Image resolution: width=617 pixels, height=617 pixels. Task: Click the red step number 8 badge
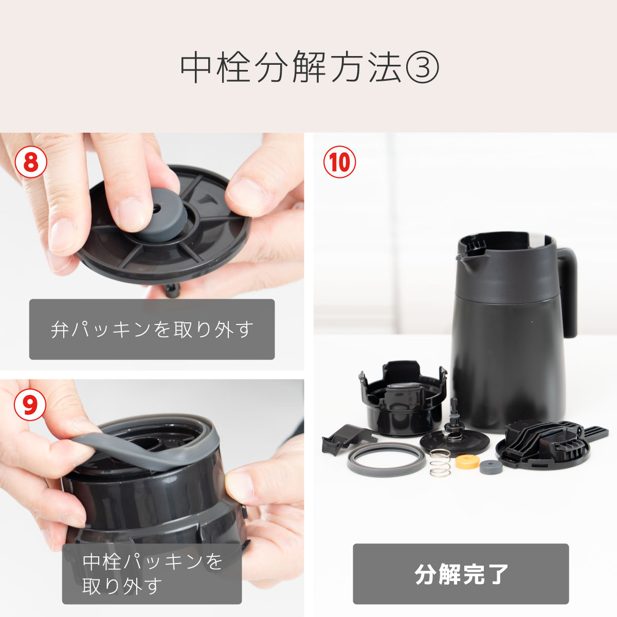click(x=31, y=162)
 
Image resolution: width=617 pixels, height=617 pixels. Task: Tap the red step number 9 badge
click(x=30, y=405)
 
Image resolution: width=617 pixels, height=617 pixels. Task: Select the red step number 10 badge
click(x=339, y=162)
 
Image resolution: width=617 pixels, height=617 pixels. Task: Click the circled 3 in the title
click(x=422, y=67)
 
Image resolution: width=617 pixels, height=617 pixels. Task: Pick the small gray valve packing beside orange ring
click(x=491, y=467)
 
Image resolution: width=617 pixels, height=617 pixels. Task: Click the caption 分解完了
click(x=461, y=574)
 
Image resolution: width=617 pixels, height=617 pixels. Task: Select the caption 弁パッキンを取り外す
click(x=152, y=330)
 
